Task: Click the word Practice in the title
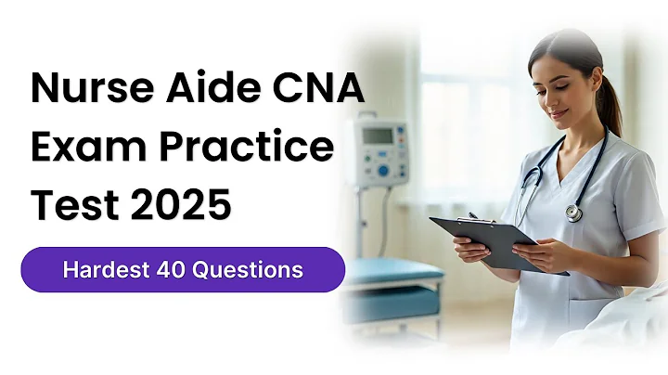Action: pos(247,147)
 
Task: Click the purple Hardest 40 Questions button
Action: pos(183,270)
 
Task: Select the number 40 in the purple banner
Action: pos(172,270)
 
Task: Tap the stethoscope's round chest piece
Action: pos(574,213)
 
